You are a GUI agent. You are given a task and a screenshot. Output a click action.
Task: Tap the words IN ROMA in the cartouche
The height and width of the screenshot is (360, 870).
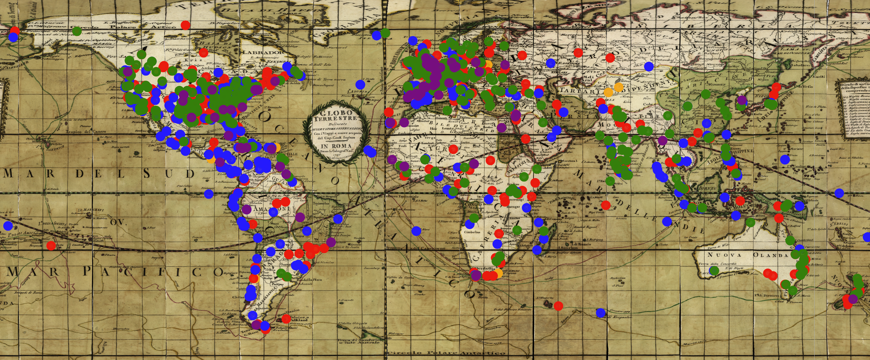(336, 146)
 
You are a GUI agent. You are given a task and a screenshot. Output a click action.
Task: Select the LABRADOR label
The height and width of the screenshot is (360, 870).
(257, 53)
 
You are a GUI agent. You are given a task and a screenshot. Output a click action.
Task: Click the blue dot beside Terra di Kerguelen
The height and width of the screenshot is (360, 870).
(600, 312)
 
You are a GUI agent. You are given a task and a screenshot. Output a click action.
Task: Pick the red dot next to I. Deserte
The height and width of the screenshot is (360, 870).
(558, 306)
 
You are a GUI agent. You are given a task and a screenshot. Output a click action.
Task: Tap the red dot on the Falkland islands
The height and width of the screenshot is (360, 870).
(286, 318)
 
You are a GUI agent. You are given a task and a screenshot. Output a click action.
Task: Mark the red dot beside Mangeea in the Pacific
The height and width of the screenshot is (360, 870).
(51, 245)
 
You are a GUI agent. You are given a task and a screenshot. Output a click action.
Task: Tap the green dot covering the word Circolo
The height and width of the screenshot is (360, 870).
(77, 31)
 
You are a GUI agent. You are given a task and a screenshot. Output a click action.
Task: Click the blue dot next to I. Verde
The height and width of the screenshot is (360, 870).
(360, 84)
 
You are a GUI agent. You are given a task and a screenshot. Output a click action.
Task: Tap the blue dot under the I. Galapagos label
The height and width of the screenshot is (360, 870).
(209, 194)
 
